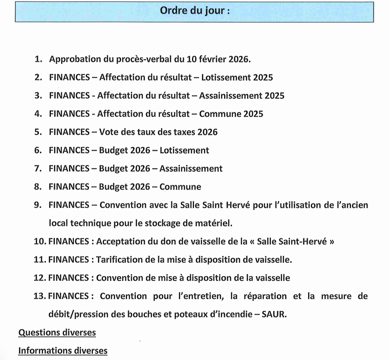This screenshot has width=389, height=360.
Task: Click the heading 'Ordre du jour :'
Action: click(x=194, y=11)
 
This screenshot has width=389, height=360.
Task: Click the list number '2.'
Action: click(x=39, y=77)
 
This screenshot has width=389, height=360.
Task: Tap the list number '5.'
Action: click(x=39, y=132)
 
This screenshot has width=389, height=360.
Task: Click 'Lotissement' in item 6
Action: click(x=184, y=150)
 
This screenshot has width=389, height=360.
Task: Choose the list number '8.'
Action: click(x=39, y=186)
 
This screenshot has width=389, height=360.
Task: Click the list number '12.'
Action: click(x=40, y=278)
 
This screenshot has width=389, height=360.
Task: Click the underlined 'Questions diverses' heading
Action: click(x=57, y=332)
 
